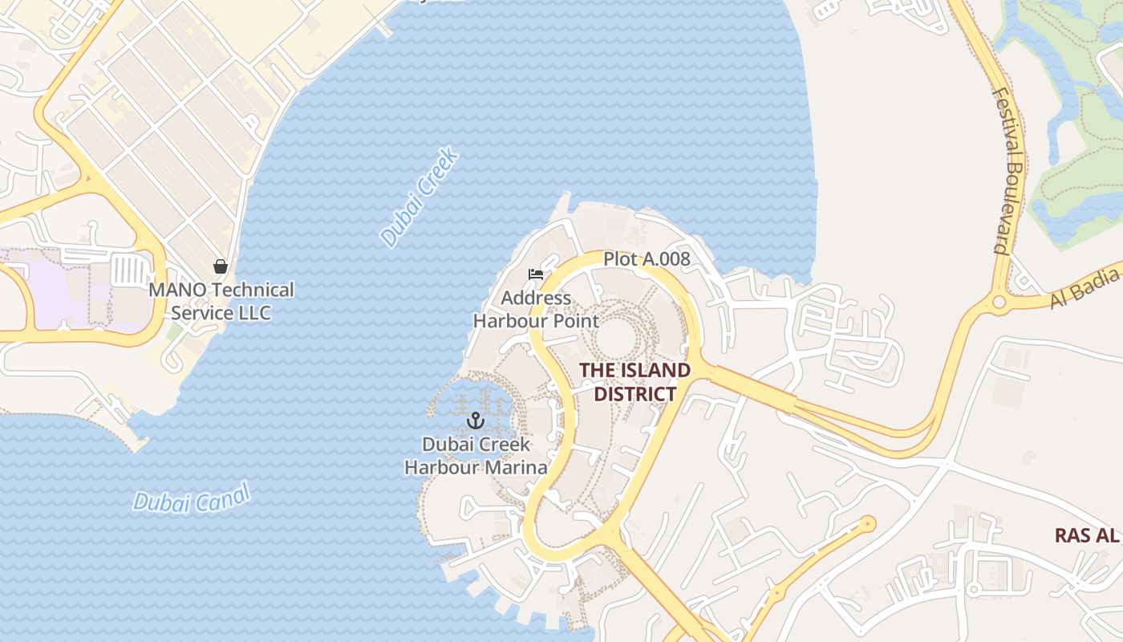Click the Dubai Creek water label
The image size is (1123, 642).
point(420,197)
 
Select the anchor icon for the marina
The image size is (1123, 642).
point(476,420)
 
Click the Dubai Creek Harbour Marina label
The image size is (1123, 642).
point(476,456)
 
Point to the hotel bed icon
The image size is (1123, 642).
point(536,274)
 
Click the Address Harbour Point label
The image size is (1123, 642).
point(536,310)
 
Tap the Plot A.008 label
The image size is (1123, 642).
point(647,259)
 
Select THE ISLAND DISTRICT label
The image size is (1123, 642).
point(634,382)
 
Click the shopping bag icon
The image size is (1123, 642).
point(221,266)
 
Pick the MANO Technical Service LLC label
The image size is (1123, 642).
point(221,301)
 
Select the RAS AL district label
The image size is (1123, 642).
point(1087,535)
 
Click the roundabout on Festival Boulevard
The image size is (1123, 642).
point(999,303)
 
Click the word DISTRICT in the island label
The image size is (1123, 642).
point(634,394)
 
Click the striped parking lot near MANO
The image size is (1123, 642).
point(128,269)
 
